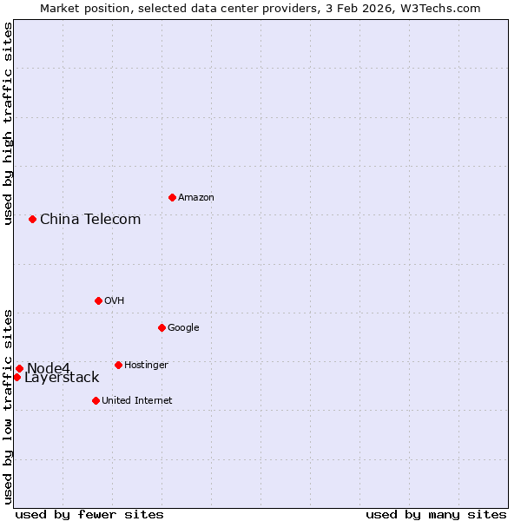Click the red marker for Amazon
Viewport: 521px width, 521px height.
tap(172, 197)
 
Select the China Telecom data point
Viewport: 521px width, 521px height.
tap(32, 219)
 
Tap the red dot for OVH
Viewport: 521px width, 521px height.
tap(98, 300)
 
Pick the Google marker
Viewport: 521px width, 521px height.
tap(162, 327)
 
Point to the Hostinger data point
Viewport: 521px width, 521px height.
tap(118, 365)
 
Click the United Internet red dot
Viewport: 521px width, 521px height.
tap(96, 400)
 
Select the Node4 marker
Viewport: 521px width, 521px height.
tap(19, 368)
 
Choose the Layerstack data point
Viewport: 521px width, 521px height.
tap(16, 377)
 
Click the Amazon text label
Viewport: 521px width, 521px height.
tap(196, 198)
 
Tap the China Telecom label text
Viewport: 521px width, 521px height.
tap(90, 219)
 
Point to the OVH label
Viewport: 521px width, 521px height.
tap(114, 301)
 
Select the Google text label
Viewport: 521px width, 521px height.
tap(183, 328)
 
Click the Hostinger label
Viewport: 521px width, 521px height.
tap(146, 366)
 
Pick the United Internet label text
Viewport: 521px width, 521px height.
tap(136, 401)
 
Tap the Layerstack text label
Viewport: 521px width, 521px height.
tap(62, 378)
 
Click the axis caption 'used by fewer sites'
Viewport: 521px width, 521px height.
tap(89, 514)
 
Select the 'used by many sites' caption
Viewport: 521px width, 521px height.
tap(436, 514)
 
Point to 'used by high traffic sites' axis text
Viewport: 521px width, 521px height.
tap(8, 124)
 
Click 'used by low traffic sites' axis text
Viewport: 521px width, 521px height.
tap(8, 406)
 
